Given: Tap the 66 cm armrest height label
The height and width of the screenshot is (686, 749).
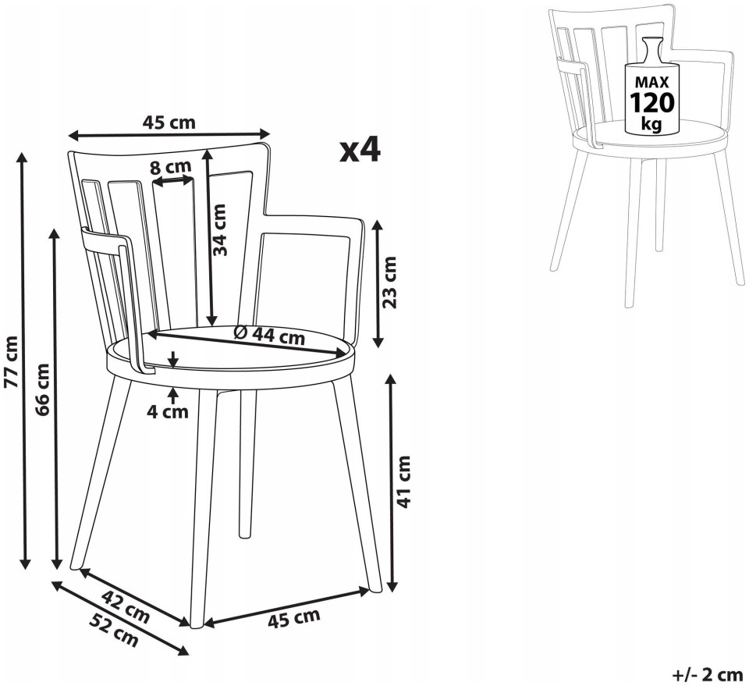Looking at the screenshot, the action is (x=42, y=389).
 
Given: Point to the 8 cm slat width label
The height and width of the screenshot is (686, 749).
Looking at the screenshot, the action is (x=171, y=167).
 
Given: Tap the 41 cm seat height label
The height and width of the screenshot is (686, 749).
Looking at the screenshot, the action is (x=403, y=482).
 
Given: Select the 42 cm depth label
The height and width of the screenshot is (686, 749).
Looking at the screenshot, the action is (x=125, y=606).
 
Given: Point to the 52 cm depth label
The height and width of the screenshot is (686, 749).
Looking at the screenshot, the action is (x=114, y=629).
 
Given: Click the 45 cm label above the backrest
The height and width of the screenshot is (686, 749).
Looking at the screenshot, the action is (x=169, y=123).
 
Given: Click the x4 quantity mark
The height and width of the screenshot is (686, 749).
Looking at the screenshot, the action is (x=360, y=150).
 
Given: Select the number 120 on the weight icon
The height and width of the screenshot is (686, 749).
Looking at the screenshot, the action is (x=652, y=102).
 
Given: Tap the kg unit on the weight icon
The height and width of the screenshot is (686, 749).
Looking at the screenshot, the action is (x=651, y=124).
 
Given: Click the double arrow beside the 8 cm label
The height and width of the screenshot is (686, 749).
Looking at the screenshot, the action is (x=172, y=181).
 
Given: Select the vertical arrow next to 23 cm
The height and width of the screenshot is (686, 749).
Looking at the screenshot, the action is (x=378, y=283).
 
